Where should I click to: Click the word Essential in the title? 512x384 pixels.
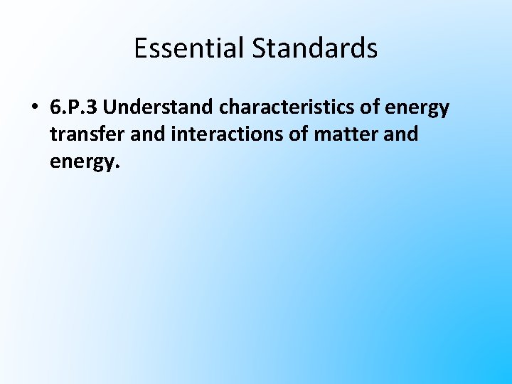pos(181,48)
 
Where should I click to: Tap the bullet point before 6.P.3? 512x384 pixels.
pos(34,109)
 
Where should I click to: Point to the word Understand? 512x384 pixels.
pos(161,108)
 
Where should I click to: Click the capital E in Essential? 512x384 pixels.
pos(140,48)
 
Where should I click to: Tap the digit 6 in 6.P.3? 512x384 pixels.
pos(55,108)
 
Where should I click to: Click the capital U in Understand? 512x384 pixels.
pos(117,108)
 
